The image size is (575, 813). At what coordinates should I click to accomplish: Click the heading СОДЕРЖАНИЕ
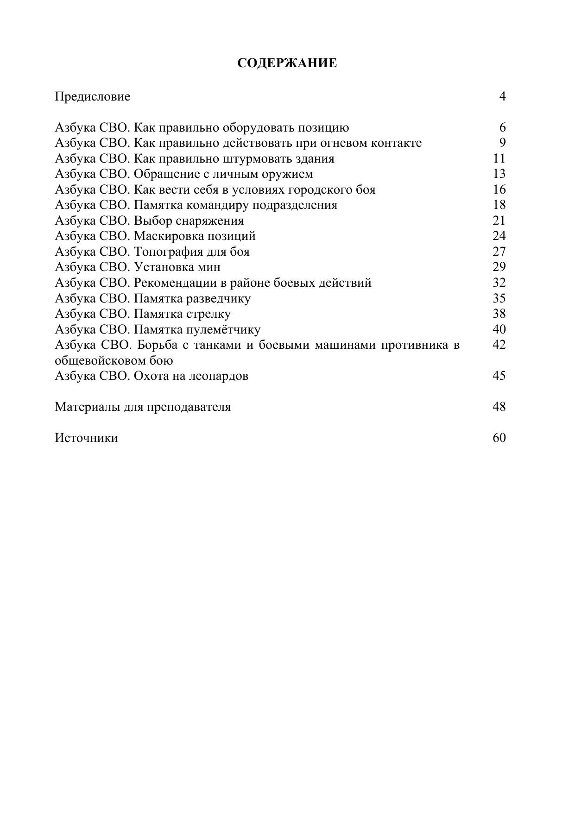(287, 63)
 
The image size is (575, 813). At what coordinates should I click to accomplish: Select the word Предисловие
(93, 96)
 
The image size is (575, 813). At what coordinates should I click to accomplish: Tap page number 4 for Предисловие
(502, 96)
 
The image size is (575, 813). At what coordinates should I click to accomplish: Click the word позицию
(323, 127)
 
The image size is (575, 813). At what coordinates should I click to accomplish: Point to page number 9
(502, 143)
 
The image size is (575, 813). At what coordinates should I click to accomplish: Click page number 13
(499, 174)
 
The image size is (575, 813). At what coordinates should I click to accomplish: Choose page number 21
(499, 221)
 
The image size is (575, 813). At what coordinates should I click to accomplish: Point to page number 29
(499, 267)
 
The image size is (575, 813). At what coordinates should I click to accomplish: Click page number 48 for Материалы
(499, 407)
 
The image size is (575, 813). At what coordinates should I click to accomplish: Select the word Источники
(86, 438)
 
